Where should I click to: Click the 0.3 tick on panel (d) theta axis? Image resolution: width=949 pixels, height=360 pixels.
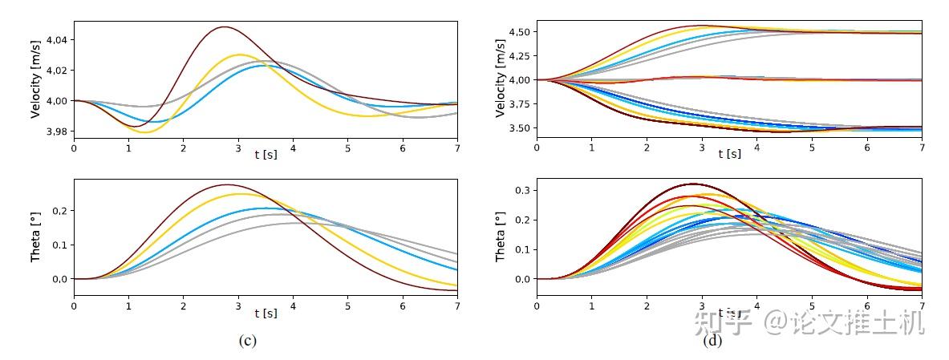click(x=525, y=190)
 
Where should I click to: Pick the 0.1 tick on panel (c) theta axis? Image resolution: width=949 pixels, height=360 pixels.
click(x=62, y=245)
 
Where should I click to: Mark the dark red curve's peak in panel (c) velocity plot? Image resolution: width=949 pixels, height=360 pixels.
click(x=223, y=27)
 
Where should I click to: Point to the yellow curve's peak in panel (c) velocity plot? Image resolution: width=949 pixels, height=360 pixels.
click(x=240, y=55)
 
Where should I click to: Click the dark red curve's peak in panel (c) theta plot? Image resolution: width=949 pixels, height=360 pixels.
click(x=227, y=185)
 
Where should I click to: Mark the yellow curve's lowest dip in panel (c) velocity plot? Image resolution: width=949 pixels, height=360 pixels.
click(x=146, y=132)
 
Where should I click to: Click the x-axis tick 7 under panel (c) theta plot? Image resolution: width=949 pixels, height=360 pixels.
click(x=457, y=305)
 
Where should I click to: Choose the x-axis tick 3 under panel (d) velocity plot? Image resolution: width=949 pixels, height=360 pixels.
click(x=702, y=148)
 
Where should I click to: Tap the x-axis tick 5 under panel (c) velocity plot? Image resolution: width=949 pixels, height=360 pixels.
click(x=347, y=148)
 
